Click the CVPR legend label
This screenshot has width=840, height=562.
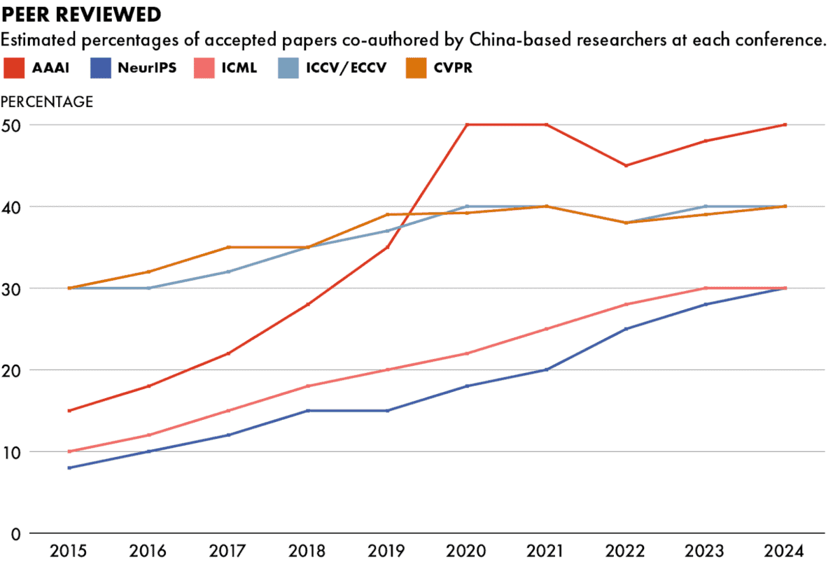click(449, 69)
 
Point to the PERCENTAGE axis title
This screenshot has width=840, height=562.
click(47, 101)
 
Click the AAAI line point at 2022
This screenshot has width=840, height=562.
click(626, 166)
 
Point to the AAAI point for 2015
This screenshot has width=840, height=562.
click(69, 411)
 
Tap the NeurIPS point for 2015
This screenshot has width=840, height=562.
click(69, 468)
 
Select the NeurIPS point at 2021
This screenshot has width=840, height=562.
click(546, 370)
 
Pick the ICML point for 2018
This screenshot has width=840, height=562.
click(307, 386)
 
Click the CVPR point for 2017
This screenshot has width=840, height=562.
click(227, 247)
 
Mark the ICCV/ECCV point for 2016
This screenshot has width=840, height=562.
click(148, 288)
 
